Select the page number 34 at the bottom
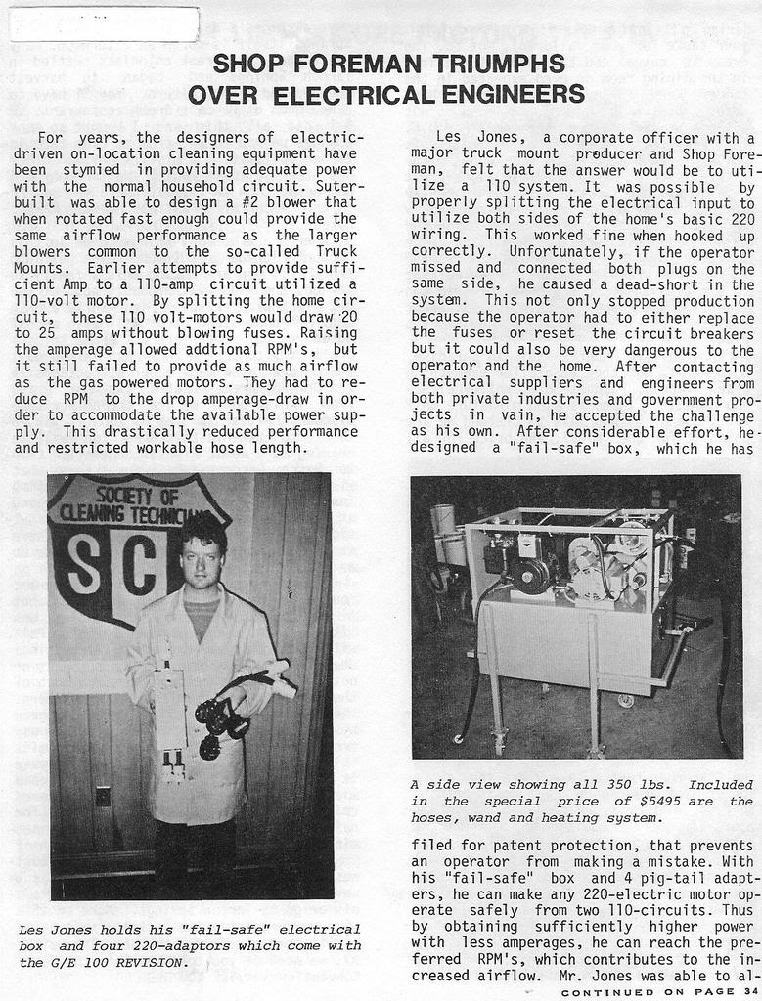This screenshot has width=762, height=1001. tap(750, 992)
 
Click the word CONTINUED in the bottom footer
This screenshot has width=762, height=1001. tap(605, 992)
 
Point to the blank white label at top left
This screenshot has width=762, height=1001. tap(104, 24)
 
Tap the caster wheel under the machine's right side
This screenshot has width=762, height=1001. tap(625, 700)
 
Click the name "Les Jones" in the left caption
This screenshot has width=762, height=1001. tap(54, 929)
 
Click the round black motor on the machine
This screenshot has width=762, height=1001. tap(534, 578)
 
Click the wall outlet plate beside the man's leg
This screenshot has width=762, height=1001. tap(103, 796)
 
